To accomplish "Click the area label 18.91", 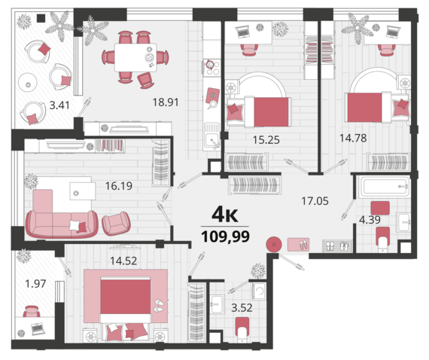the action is pos(166,102).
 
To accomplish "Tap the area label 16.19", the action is pos(119,186).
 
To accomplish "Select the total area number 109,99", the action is pos(226,236).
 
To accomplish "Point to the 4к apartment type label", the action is pos(225,215).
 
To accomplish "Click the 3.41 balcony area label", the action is pos(59,105).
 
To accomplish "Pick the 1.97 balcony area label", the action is pos(35,284).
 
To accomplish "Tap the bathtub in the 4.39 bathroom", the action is pos(385,187).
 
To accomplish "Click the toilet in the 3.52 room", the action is pos(242,329).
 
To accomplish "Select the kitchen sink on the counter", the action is pos(212,136).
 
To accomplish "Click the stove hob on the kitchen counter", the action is pos(212,67).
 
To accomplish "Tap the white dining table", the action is pos(135,57).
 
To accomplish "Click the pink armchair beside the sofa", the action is pos(116,224).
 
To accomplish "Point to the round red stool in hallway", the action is pos(274,244).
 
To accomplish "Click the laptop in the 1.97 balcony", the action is pos(38,328).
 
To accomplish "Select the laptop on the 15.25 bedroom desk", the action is pos(242,31).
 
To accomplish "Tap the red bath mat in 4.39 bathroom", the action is pos(380,208).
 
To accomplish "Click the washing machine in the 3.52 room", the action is pos(259,291).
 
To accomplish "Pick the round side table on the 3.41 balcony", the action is pos(28,84).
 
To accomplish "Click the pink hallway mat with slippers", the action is pos(298,245).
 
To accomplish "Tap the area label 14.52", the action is pos(123,261).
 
